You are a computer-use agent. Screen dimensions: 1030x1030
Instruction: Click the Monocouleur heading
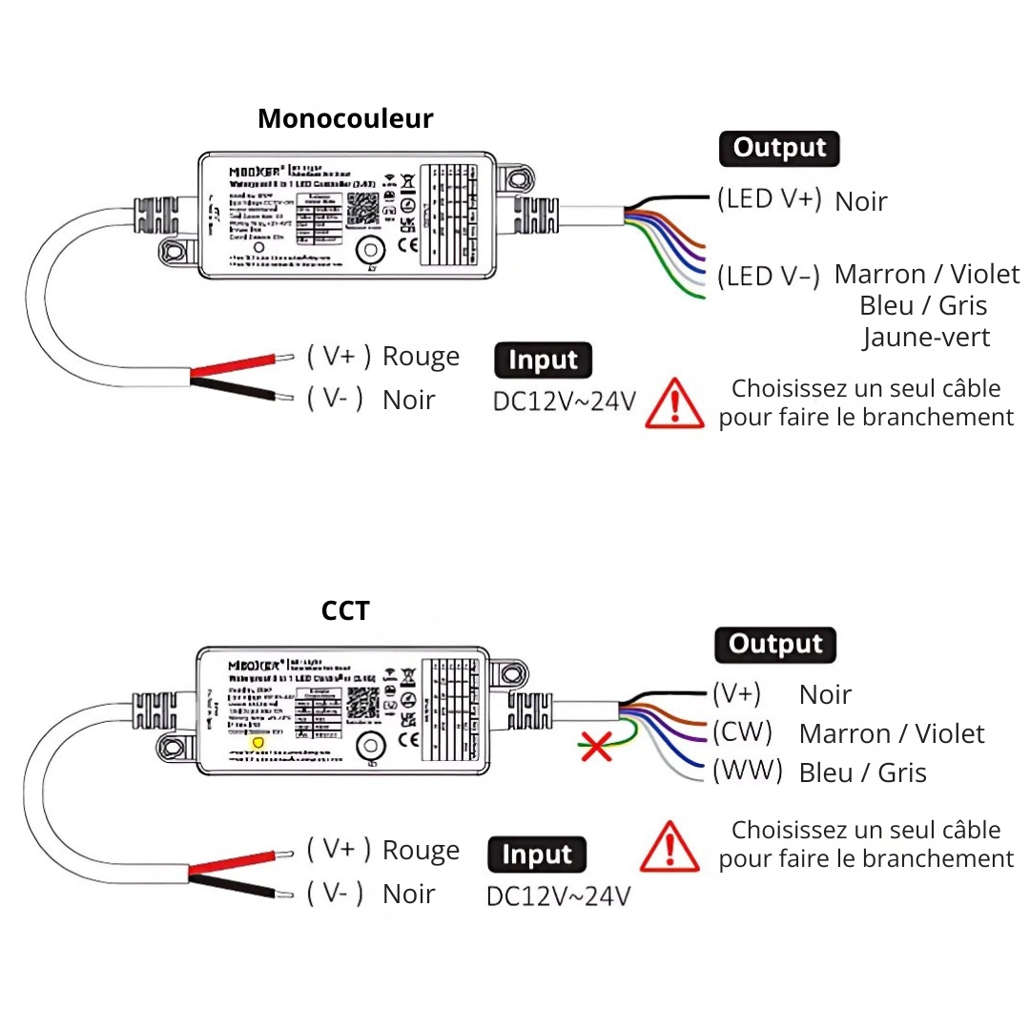[x=345, y=119]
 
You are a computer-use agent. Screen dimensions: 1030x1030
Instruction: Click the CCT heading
[x=345, y=610]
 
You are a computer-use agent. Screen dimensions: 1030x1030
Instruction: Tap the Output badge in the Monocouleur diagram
[x=779, y=149]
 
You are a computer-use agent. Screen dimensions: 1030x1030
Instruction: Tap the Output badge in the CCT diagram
[x=774, y=645]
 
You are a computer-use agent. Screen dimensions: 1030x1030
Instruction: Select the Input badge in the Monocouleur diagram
[x=543, y=360]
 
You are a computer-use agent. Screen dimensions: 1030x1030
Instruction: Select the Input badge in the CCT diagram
[x=537, y=855]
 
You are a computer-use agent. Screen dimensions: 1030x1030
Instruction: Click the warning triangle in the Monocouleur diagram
[x=675, y=403]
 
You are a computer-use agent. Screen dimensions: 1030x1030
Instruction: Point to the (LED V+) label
[x=769, y=199]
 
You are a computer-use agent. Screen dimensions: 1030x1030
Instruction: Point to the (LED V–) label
[x=769, y=276]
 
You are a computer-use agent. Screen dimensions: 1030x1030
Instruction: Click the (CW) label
[x=742, y=731]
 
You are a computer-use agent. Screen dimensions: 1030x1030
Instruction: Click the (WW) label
[x=747, y=770]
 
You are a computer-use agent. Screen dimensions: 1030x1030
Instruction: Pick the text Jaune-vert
[x=926, y=337]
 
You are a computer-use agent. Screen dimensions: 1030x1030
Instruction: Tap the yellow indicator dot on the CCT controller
[x=256, y=742]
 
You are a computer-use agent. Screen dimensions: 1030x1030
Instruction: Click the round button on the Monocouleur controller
[x=369, y=252]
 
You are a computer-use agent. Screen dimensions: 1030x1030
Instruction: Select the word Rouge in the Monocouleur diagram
[x=421, y=357]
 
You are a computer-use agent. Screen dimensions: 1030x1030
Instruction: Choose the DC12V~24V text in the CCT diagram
[x=558, y=896]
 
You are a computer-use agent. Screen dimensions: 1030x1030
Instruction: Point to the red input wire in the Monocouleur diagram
[x=238, y=366]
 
